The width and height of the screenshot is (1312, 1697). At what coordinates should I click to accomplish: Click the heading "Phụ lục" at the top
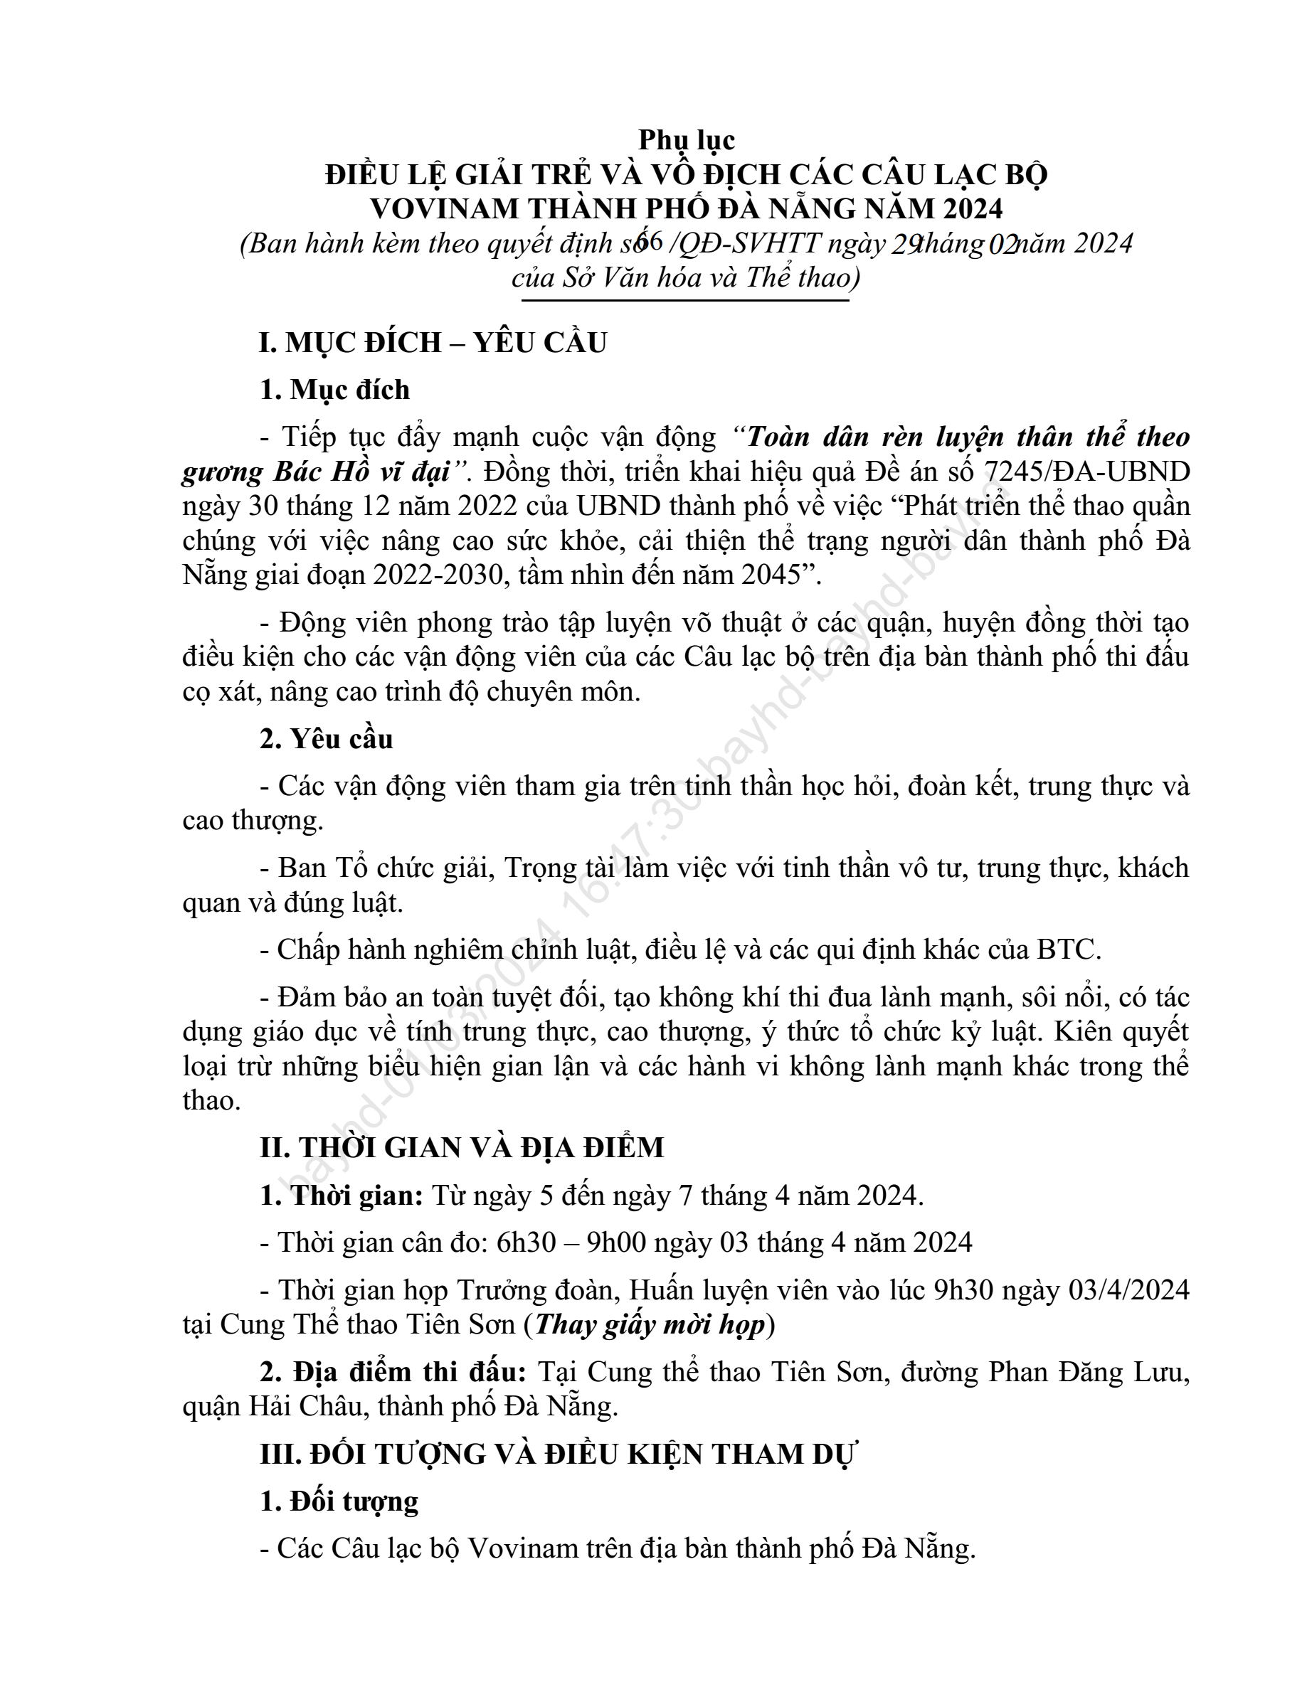point(687,140)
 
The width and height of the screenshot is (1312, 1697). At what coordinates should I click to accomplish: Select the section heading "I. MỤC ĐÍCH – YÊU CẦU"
point(433,343)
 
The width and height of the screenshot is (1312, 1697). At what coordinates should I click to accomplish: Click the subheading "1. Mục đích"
point(335,390)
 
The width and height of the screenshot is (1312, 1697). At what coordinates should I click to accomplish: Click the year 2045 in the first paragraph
point(772,574)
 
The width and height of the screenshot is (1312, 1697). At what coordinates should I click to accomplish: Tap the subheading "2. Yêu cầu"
point(327,739)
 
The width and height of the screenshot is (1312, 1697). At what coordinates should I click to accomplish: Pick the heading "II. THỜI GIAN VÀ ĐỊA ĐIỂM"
point(462,1148)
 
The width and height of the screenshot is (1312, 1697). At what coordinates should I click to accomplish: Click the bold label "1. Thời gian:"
point(342,1196)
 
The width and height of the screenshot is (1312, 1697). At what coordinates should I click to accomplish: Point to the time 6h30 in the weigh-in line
point(527,1243)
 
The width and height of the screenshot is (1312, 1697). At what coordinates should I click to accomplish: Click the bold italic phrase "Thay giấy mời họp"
point(650,1324)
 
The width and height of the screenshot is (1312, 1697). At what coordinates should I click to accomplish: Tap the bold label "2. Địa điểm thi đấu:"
point(393,1372)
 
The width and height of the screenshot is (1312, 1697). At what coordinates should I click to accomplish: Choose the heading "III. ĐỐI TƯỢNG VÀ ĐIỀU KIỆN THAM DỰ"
point(558,1454)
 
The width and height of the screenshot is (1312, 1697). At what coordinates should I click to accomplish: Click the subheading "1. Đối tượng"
point(339,1502)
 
